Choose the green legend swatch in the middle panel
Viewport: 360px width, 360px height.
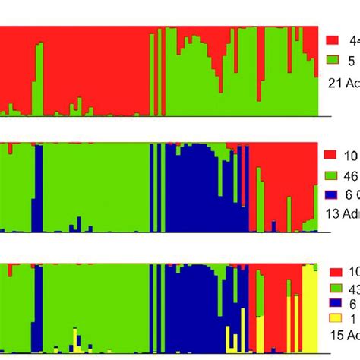[x=330, y=175]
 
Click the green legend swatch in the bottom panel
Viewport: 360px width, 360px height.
[x=330, y=289]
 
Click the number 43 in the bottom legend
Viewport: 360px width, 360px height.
[x=352, y=289]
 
